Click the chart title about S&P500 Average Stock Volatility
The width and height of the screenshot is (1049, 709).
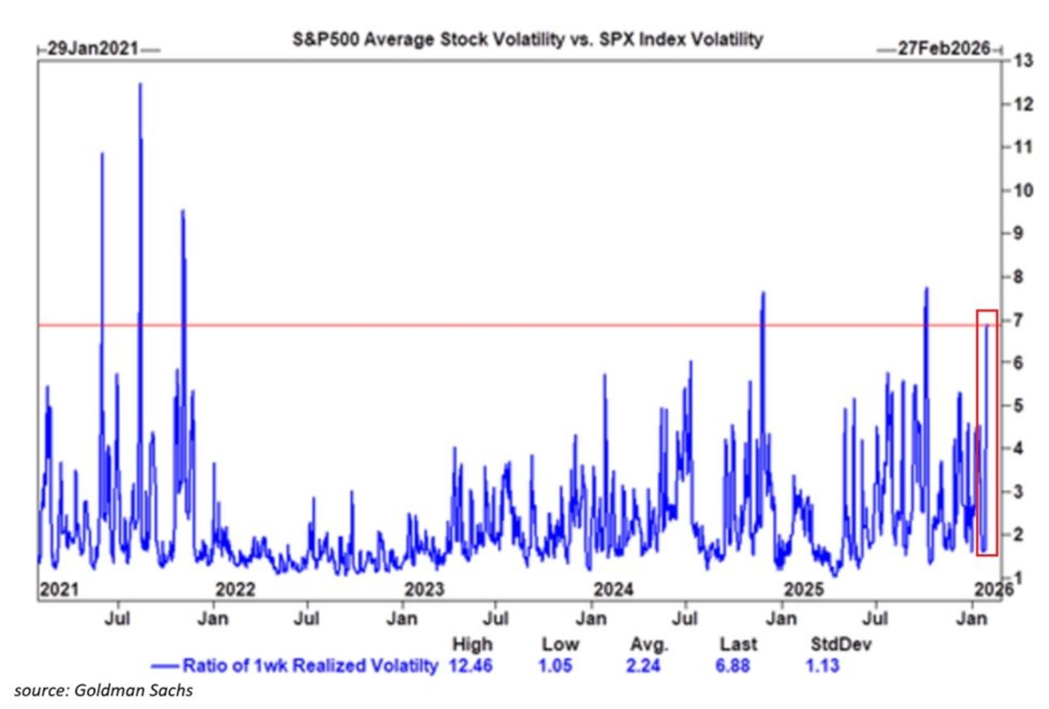(527, 39)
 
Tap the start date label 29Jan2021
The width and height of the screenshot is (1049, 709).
(93, 48)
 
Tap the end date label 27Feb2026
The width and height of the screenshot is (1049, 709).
(944, 48)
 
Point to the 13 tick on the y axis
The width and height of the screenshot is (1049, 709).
(1023, 61)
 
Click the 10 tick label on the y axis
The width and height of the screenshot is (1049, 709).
(1023, 190)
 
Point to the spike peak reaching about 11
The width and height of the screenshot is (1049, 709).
(102, 154)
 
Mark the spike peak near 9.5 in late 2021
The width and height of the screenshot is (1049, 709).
(183, 211)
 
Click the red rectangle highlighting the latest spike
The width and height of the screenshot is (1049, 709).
(987, 432)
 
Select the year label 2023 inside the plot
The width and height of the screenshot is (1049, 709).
(424, 589)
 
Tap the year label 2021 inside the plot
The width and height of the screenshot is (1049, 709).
(60, 589)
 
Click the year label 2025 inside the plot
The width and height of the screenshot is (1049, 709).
(804, 589)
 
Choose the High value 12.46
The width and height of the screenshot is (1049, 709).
(470, 665)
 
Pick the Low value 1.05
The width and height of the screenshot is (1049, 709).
(555, 665)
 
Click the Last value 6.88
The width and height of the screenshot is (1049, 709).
(732, 665)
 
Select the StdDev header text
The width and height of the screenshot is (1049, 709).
(840, 644)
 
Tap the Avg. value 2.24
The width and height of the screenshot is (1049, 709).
(643, 665)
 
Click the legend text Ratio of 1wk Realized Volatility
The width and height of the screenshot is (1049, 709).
(310, 665)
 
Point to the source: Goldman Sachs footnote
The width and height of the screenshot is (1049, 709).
(103, 690)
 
